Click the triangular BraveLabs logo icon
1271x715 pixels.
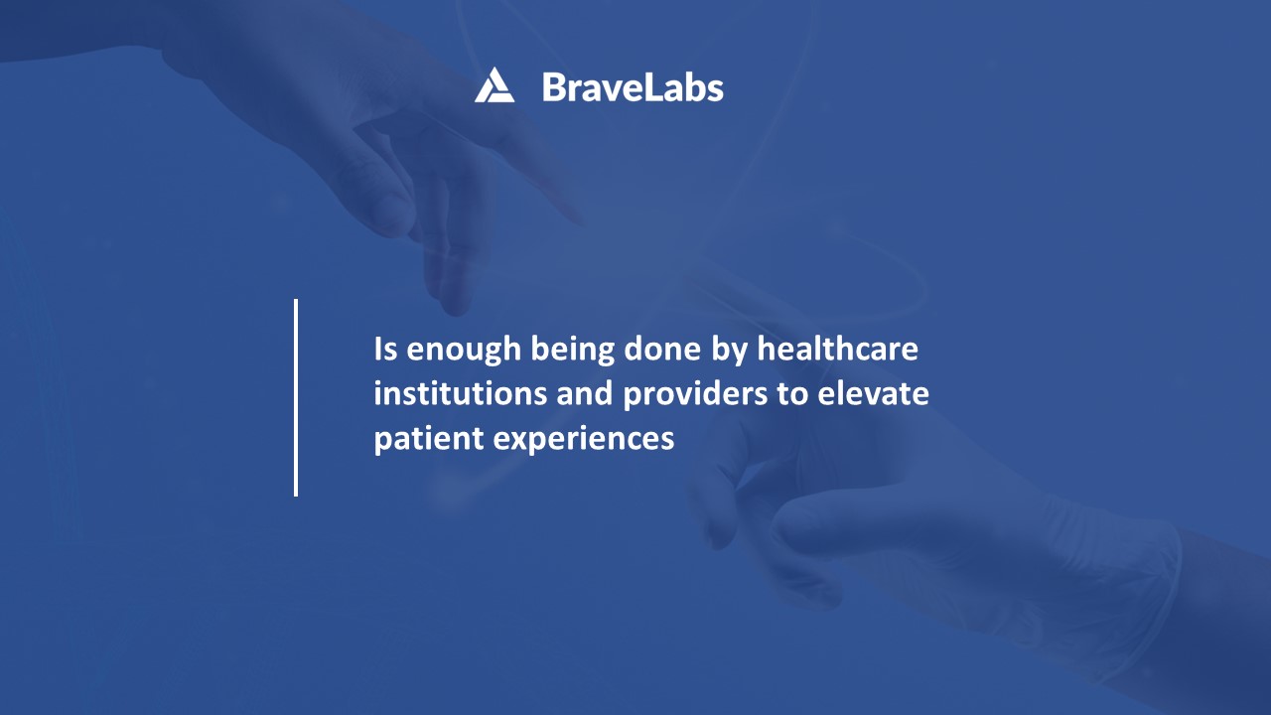pyautogui.click(x=494, y=85)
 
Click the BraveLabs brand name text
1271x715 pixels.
pyautogui.click(x=633, y=87)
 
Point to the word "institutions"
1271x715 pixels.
pyautogui.click(x=460, y=393)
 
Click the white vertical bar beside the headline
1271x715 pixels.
pyautogui.click(x=296, y=397)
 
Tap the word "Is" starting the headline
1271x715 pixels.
pyautogui.click(x=385, y=350)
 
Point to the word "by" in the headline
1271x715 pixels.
pyautogui.click(x=733, y=351)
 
